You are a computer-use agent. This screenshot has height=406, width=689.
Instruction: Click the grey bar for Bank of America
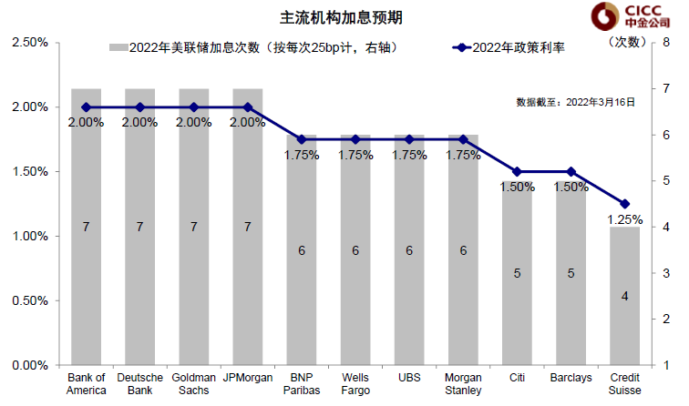[x=86, y=228]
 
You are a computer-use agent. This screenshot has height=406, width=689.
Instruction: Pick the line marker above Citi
[x=517, y=171]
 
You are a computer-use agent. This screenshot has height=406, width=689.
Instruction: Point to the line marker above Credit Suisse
[x=624, y=204]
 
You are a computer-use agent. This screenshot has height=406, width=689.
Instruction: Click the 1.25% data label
[x=624, y=219]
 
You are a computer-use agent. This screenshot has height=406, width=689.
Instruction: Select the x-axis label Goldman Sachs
[x=193, y=383]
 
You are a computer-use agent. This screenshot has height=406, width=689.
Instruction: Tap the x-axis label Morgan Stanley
[x=463, y=383]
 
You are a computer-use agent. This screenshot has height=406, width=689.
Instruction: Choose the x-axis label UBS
[x=409, y=377]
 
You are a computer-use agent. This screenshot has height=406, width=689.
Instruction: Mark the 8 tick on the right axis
[x=667, y=43]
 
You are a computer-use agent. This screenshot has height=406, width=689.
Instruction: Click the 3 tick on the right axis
[x=667, y=273]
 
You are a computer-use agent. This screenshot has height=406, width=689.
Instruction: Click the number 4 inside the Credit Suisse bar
[x=624, y=295]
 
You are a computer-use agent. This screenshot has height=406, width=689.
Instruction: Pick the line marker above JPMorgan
[x=248, y=107]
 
